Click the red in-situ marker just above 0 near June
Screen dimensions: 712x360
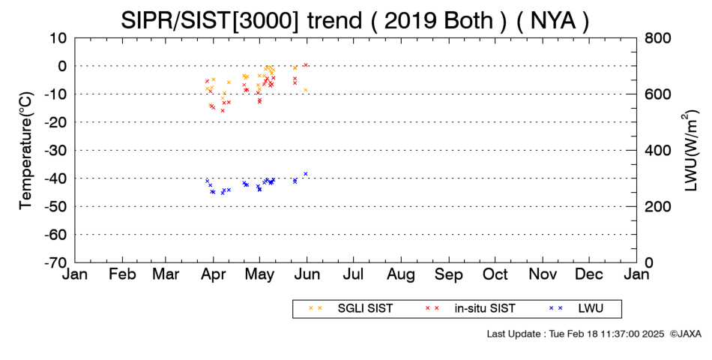coord(306,65)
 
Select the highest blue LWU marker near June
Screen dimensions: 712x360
coord(306,174)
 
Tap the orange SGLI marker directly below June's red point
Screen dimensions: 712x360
coord(306,90)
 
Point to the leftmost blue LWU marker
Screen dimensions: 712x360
coord(207,181)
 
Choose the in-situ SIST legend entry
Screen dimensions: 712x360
coord(471,308)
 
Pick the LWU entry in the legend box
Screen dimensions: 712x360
coord(576,308)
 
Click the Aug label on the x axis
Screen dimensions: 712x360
coord(401,274)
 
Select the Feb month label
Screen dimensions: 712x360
coord(123,274)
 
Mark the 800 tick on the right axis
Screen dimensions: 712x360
coord(657,38)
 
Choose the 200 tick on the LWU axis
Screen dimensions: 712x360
coord(657,206)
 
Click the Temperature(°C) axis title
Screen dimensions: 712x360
coord(26,151)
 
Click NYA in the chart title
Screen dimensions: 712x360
coord(552,21)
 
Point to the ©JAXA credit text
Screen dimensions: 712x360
coord(685,334)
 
